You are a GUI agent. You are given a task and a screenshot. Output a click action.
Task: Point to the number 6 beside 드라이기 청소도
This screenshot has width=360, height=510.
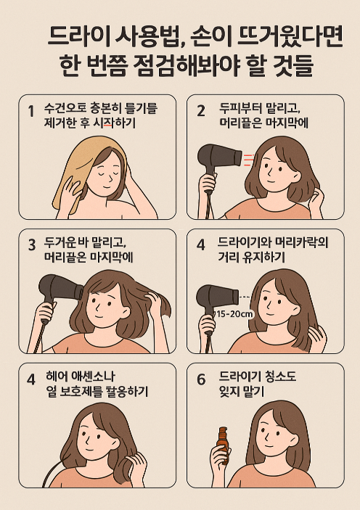[201, 379]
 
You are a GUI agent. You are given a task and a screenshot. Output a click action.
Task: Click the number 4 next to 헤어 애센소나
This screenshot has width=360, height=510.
[31, 379]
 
